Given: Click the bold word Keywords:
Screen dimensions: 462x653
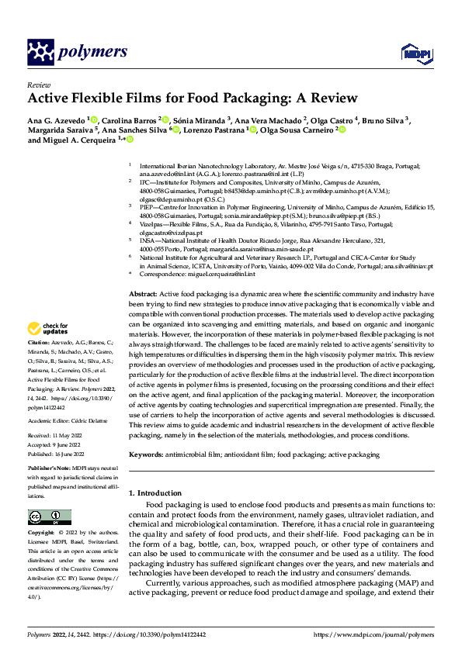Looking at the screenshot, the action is pos(146,454).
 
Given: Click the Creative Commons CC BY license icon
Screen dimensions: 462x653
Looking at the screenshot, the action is pos(49,517).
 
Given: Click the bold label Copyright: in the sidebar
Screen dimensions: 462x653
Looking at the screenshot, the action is pos(42,534).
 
